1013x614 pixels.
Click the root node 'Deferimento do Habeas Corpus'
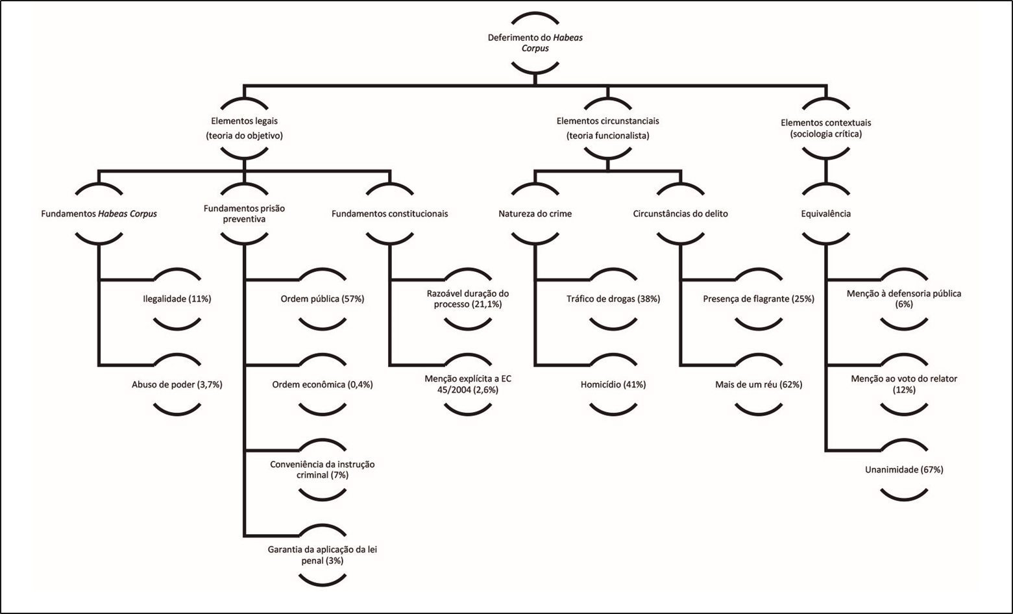pyautogui.click(x=535, y=43)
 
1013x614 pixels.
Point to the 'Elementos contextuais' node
pyautogui.click(x=825, y=129)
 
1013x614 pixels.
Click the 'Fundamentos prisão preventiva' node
pyautogui.click(x=244, y=214)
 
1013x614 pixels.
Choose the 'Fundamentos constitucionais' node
pyautogui.click(x=389, y=214)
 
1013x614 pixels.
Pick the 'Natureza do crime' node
pyautogui.click(x=535, y=214)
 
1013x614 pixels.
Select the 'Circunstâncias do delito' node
pyautogui.click(x=680, y=214)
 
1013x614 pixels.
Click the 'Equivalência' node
pyautogui.click(x=825, y=214)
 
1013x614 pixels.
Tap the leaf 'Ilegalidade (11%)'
pyautogui.click(x=177, y=299)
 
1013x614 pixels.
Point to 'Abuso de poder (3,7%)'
pyautogui.click(x=177, y=384)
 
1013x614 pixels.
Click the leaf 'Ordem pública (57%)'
pyautogui.click(x=323, y=299)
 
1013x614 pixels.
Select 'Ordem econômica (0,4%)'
pyautogui.click(x=323, y=384)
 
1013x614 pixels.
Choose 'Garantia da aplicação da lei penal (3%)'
pyautogui.click(x=323, y=555)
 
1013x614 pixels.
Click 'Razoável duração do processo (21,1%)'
pyautogui.click(x=468, y=299)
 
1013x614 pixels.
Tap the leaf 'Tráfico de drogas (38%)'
pyautogui.click(x=613, y=299)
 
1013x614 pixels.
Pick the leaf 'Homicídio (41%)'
pyautogui.click(x=613, y=384)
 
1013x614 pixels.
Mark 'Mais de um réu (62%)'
pyautogui.click(x=759, y=384)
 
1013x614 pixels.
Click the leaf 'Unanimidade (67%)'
pyautogui.click(x=904, y=469)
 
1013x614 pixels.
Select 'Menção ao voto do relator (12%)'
pyautogui.click(x=904, y=384)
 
